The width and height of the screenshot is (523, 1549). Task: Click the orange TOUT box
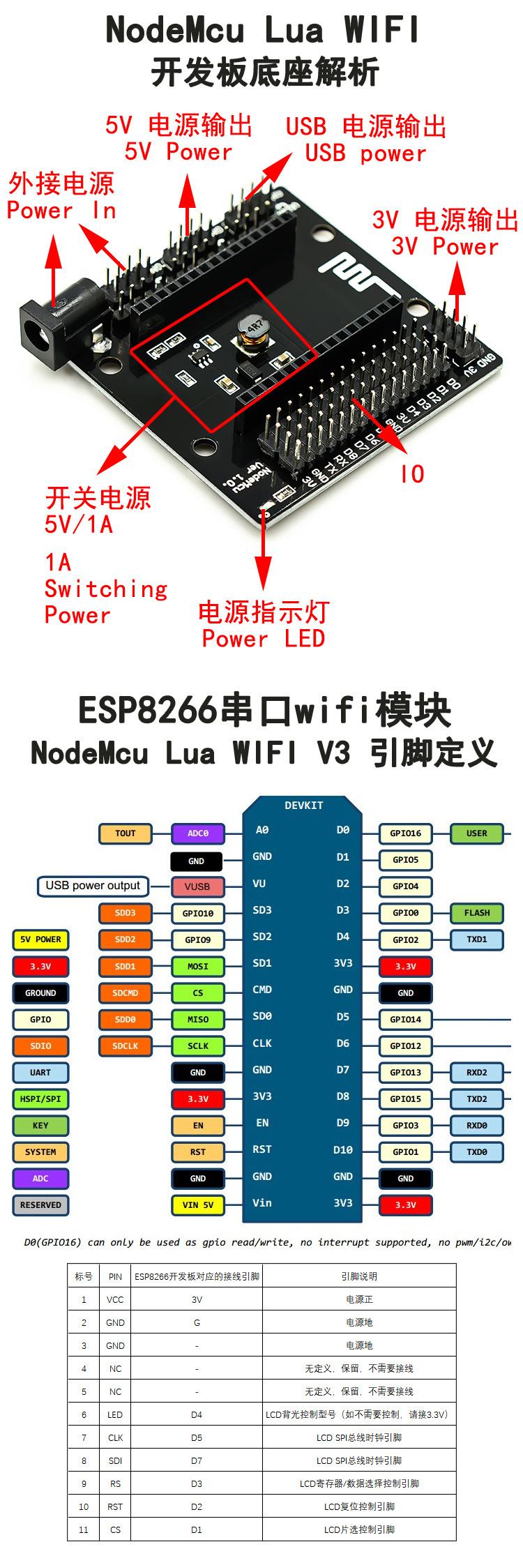pos(126,833)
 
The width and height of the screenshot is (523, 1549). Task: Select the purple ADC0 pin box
pos(197,833)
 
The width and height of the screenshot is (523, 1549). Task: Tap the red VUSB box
pos(197,886)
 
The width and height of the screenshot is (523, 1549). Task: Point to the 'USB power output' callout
pos(93,886)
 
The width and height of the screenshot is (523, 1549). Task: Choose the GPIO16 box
pos(405,833)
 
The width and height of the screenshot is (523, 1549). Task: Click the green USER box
pos(477,833)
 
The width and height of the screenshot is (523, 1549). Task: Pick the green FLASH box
pos(477,913)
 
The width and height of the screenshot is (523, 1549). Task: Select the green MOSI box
pos(197,967)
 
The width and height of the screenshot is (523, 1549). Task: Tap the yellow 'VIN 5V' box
pos(197,1205)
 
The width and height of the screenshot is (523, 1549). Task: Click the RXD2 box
pos(477,1073)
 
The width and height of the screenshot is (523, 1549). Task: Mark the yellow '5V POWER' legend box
pos(40,939)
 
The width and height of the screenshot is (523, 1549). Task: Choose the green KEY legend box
pos(40,1126)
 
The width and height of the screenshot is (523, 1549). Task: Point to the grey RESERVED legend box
pos(40,1205)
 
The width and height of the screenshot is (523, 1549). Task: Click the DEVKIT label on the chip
pos(304,806)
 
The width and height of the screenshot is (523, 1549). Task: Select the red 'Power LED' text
pos(263,639)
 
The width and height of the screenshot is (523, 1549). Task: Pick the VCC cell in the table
pos(115,1300)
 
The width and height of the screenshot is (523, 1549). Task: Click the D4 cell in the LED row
pos(197,1415)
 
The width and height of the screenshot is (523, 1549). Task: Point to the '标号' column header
pos(84,1277)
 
